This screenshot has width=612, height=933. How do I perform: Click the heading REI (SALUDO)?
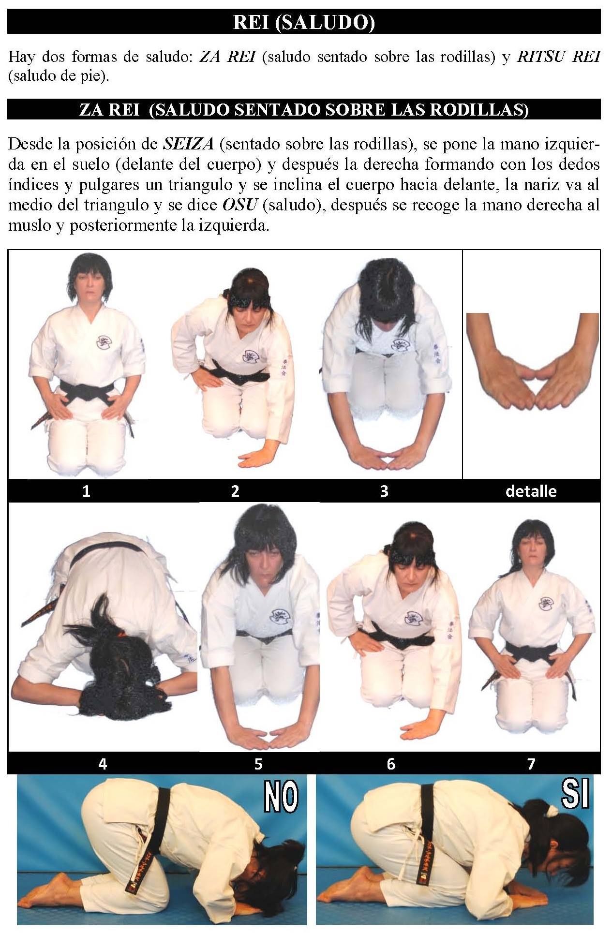pyautogui.click(x=304, y=22)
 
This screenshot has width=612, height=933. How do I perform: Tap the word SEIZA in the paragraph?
pyautogui.click(x=188, y=144)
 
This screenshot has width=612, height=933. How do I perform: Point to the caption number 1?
pyautogui.click(x=87, y=491)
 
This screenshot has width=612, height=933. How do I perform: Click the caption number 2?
pyautogui.click(x=235, y=491)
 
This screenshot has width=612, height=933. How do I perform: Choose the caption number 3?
pyautogui.click(x=384, y=491)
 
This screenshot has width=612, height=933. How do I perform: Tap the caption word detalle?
pyautogui.click(x=531, y=491)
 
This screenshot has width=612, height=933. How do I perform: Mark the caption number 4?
pyautogui.click(x=103, y=764)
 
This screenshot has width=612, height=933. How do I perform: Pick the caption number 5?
pyautogui.click(x=258, y=764)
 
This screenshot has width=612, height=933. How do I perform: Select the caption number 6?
pyautogui.click(x=391, y=764)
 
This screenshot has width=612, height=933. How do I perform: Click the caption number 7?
pyautogui.click(x=531, y=764)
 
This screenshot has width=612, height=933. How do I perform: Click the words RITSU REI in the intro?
pyautogui.click(x=559, y=57)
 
